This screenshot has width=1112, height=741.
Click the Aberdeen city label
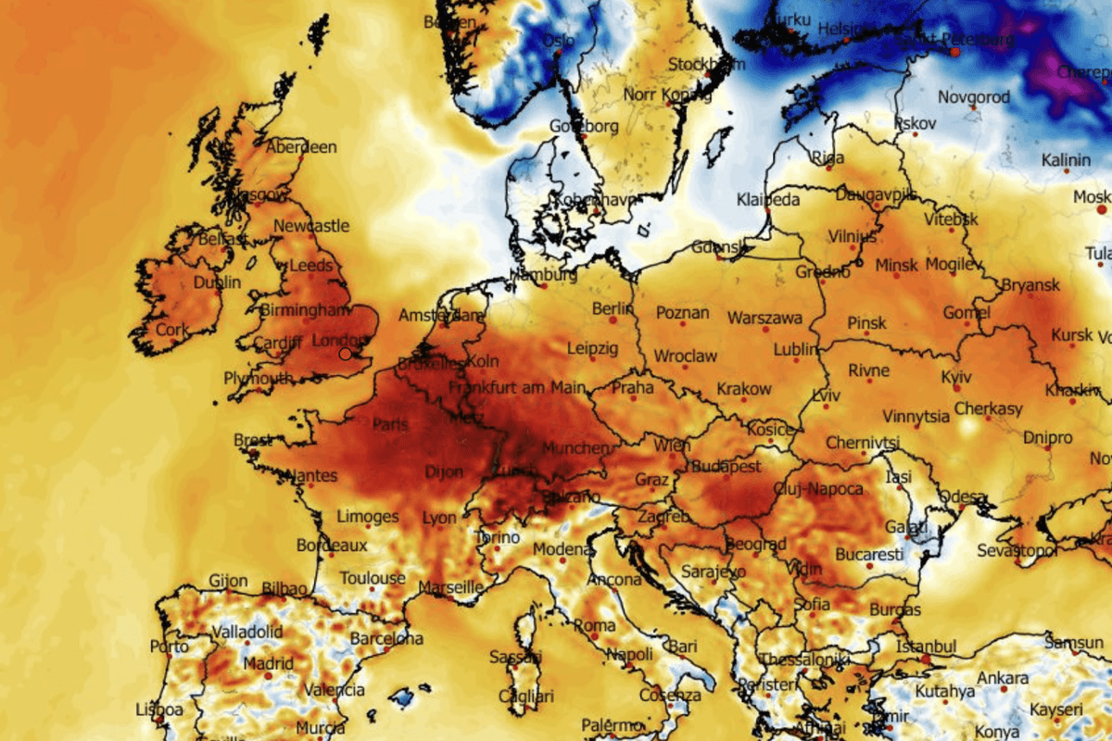point(301,147)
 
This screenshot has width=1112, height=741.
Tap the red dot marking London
point(346,354)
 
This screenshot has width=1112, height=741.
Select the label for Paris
point(390,424)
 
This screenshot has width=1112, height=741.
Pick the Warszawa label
point(764,318)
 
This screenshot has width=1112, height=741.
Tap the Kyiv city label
point(955,378)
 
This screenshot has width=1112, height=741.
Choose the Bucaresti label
point(868,555)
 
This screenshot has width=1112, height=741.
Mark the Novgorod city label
point(973,96)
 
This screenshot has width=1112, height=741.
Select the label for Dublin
point(217,283)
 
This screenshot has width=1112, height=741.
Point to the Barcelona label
point(386,638)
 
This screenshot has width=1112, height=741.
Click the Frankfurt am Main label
point(517,387)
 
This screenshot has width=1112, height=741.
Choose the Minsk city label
point(896,265)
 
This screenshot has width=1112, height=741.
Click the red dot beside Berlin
point(613,320)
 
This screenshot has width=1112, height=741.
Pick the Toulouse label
point(372,578)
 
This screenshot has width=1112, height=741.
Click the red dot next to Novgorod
point(974,108)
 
